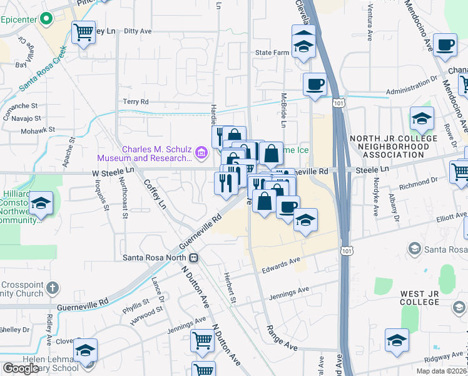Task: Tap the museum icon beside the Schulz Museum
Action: pyautogui.click(x=201, y=152)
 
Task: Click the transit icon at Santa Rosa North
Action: pyautogui.click(x=195, y=258)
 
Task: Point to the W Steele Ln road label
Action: pyautogui.click(x=113, y=171)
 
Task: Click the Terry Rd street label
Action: pyautogui.click(x=135, y=102)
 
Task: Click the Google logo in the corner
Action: pyautogui.click(x=21, y=368)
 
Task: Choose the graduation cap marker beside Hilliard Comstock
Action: pyautogui.click(x=41, y=203)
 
